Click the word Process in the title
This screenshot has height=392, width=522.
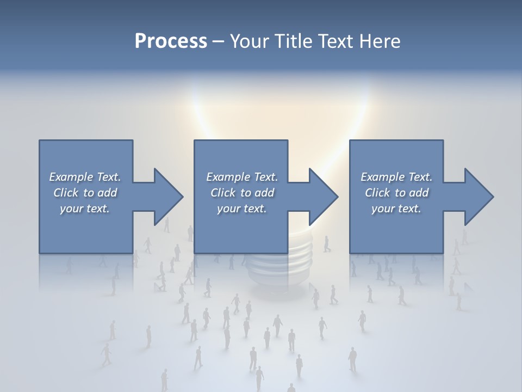click(x=171, y=41)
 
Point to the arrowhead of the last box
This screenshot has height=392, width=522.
click(x=478, y=197)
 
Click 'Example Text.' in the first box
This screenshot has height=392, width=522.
click(x=85, y=177)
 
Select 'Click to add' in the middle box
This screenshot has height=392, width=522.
click(x=242, y=193)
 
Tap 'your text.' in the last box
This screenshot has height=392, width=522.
click(x=396, y=209)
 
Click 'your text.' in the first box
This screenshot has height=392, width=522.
click(x=85, y=209)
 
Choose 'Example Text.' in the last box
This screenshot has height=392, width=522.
click(x=396, y=177)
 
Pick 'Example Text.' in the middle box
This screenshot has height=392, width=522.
click(x=242, y=177)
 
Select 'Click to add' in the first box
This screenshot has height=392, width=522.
click(x=85, y=193)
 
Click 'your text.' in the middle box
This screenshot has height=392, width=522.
click(x=242, y=209)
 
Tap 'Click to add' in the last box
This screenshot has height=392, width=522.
click(x=396, y=193)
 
